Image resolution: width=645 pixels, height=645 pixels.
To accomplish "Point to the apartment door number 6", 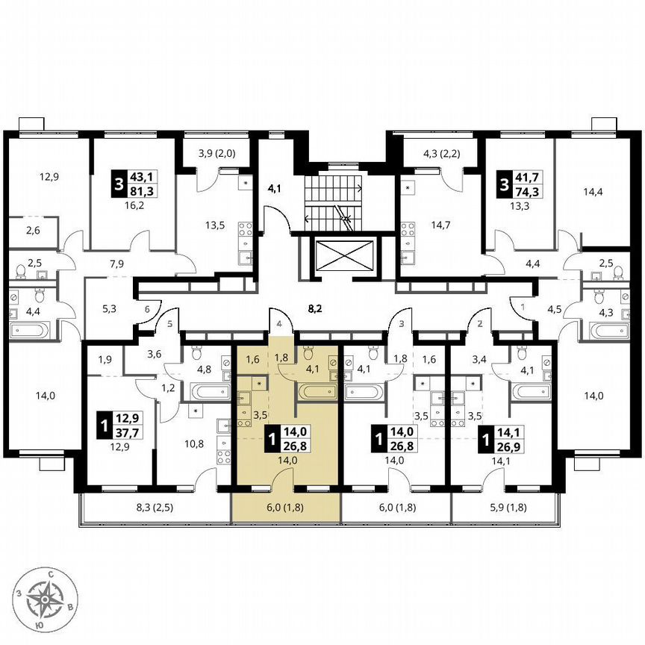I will (x=148, y=309).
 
